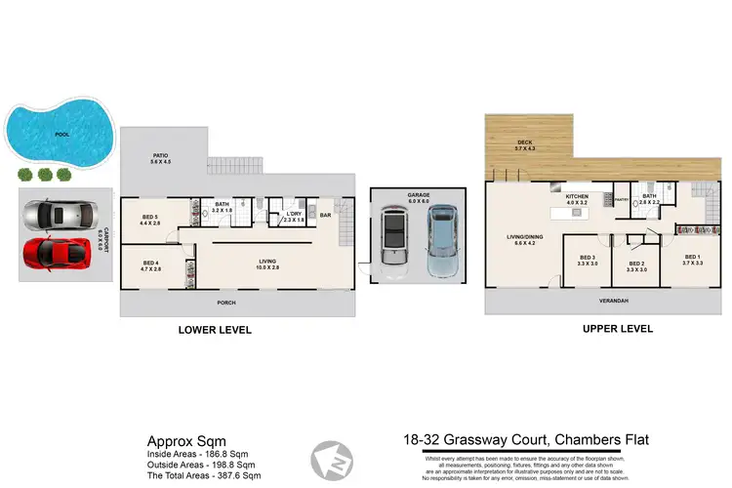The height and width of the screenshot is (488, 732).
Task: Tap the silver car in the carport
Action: pyautogui.click(x=59, y=216)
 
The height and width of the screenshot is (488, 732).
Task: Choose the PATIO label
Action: pyautogui.click(x=159, y=157)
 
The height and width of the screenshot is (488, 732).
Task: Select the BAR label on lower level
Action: pyautogui.click(x=326, y=215)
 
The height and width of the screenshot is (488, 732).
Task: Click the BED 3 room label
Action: pyautogui.click(x=588, y=260)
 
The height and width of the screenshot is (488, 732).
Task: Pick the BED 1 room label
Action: pyautogui.click(x=678, y=260)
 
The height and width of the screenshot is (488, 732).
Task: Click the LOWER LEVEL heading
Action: pyautogui.click(x=215, y=330)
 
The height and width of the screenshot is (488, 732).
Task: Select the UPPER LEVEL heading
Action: pyautogui.click(x=617, y=329)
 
